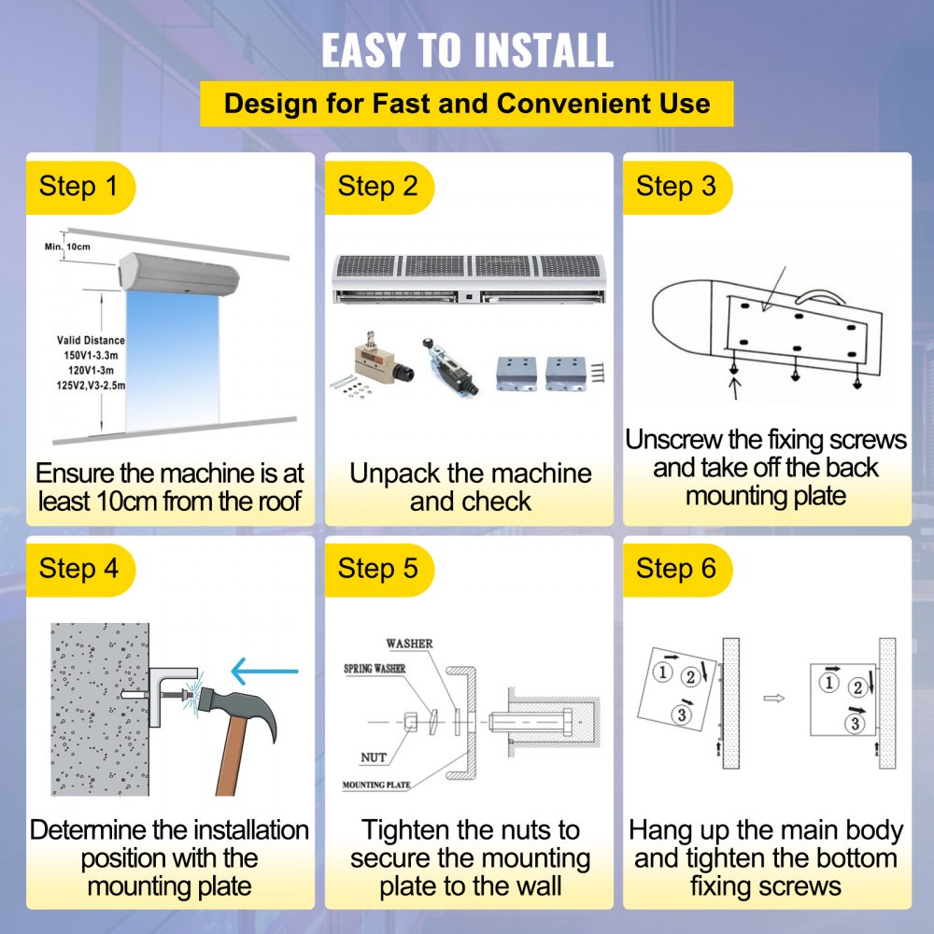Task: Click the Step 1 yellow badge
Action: (80, 187)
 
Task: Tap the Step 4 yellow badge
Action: (80, 570)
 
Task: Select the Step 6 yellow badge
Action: (677, 570)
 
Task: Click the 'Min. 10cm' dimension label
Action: (67, 247)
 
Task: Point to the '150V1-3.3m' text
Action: (92, 355)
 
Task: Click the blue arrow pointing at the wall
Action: (264, 672)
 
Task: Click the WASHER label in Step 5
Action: (409, 644)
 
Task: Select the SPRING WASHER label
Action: (375, 669)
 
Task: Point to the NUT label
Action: (374, 757)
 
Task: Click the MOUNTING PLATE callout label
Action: (376, 785)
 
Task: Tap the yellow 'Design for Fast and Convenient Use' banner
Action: (466, 104)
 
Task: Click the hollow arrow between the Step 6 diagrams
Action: (773, 698)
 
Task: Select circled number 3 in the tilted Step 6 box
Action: (682, 714)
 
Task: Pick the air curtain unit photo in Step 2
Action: (469, 278)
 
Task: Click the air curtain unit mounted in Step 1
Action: (178, 274)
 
